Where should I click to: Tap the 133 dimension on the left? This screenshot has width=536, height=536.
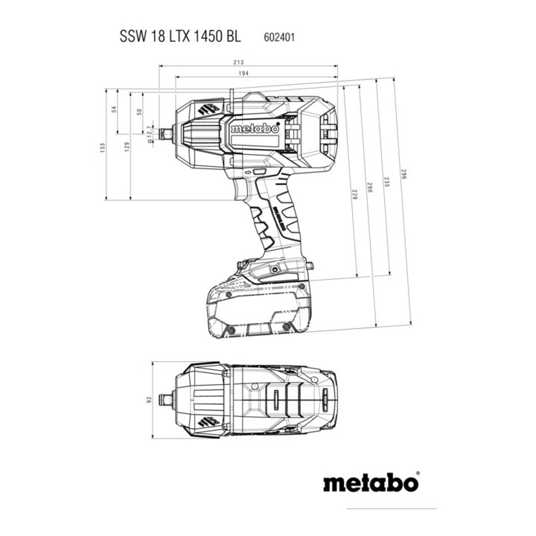pos(103,148)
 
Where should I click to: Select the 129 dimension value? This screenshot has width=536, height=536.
pos(127,147)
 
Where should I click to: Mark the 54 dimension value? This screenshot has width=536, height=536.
pos(114,109)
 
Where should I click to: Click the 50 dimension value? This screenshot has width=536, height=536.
pos(138,112)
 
